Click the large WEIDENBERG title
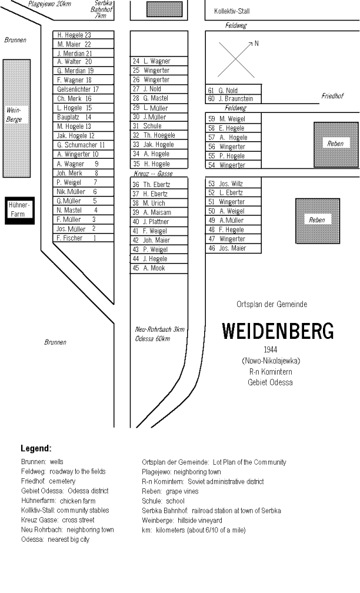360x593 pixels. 278,331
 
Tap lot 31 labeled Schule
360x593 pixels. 159,126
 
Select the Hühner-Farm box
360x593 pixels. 19,210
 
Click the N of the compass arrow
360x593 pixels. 256,44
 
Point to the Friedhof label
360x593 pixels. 332,96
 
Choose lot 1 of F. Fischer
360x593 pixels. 83,238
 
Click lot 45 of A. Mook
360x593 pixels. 159,268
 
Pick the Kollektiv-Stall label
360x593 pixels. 232,11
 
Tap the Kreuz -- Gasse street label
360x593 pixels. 153,174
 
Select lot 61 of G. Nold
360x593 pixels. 234,90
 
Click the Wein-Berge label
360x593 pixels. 14,115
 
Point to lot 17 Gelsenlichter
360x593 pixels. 83,89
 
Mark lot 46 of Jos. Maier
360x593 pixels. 234,248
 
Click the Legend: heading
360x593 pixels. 36,448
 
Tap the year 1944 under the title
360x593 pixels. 271,349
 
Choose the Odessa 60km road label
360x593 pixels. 152,338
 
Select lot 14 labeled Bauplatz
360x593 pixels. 83,117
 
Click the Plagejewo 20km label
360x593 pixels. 49,4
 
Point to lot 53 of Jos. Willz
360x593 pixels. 234,184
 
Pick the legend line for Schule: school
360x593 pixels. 163,501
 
